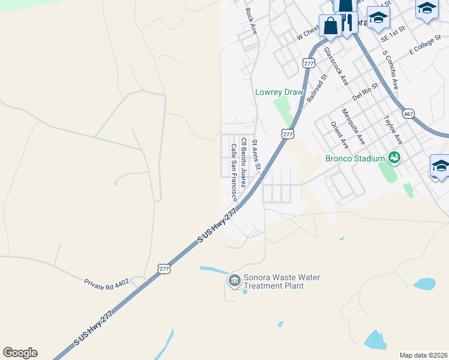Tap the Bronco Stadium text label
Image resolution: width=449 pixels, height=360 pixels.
[x=355, y=159]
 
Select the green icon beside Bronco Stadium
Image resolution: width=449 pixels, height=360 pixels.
[x=394, y=158]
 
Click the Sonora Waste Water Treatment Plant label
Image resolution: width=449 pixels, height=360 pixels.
[x=282, y=282]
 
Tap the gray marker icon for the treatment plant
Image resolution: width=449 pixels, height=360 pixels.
[x=234, y=280]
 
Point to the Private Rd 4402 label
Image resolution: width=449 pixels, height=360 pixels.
[x=107, y=281]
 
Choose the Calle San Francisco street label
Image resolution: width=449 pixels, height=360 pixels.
[x=231, y=172]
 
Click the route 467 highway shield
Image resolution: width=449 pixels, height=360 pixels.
[x=409, y=113]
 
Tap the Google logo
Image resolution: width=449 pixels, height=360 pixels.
[x=20, y=353]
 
